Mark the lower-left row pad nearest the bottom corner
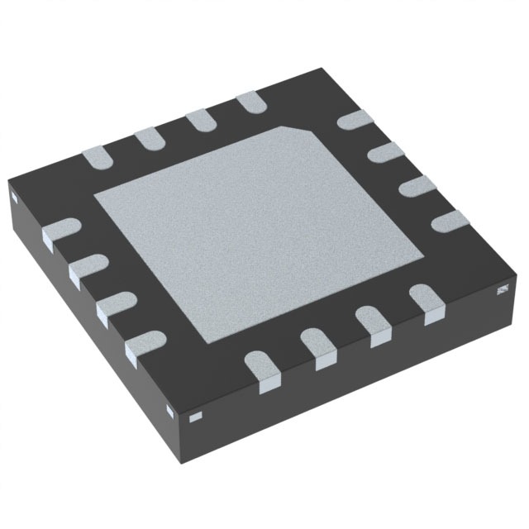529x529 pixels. (145, 344)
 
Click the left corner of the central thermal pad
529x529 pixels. (93, 197)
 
